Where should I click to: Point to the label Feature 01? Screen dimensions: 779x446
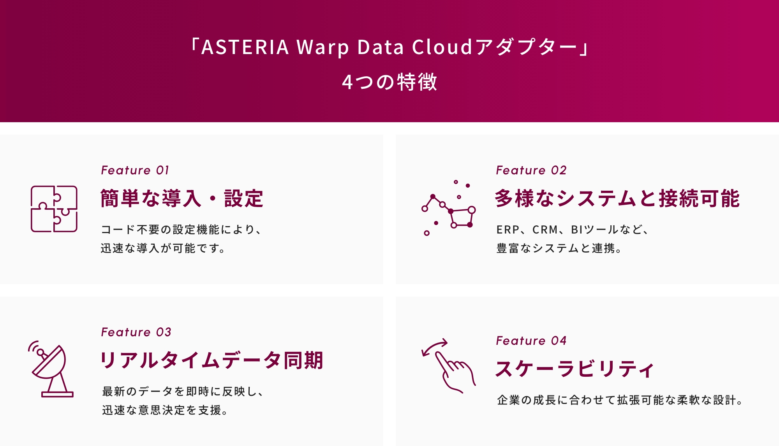(135, 170)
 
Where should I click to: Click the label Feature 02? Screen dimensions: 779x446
(531, 170)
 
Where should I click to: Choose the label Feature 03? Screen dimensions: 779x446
(136, 332)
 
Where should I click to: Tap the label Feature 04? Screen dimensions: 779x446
(531, 341)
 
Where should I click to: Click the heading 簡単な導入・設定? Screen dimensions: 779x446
(182, 198)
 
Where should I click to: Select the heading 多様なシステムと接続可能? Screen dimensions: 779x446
(617, 198)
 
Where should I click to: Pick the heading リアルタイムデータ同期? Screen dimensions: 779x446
(212, 360)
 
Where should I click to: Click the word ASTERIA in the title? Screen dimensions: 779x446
(245, 47)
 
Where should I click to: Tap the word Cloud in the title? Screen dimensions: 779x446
(442, 47)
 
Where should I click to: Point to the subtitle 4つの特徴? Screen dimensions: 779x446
(389, 82)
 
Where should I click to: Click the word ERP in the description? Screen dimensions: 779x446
(508, 230)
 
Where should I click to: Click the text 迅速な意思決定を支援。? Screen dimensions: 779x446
(165, 410)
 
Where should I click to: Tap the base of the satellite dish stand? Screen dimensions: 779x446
(57, 395)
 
